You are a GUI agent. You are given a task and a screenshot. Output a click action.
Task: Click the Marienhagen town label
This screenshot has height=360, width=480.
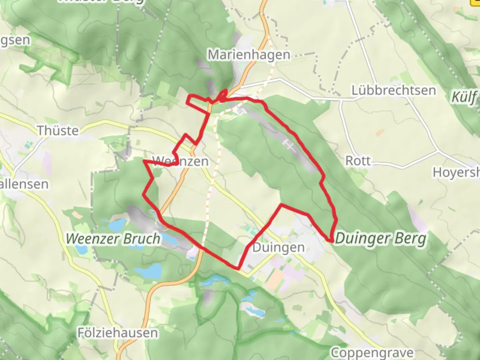pos(249,54)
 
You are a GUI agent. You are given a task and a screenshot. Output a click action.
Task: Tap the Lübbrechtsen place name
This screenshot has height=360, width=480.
pos(394,90)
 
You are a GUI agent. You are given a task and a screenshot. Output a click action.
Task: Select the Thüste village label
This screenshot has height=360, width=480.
pos(58,130)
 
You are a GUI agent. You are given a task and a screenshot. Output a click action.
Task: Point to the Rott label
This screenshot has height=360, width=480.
pos(358,161)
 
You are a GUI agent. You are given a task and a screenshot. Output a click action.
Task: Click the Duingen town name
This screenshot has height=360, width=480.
pos(278,248)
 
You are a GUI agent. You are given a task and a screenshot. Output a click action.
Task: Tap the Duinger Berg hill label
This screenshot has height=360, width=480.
pos(381,238)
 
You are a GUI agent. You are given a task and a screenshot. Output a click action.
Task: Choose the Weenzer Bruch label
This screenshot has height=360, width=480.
pos(113,239)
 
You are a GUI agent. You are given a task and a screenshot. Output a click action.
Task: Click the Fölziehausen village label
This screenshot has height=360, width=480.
pos(118,333)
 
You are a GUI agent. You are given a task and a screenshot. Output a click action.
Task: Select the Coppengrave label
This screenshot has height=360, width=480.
pos(372,352)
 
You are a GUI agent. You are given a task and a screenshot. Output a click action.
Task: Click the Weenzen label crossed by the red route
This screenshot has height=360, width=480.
pos(180,161)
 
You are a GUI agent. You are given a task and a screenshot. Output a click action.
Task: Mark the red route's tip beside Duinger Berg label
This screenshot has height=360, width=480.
pos(331,240)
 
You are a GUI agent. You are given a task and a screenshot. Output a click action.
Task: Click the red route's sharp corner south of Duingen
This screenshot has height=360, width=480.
pos(238,268)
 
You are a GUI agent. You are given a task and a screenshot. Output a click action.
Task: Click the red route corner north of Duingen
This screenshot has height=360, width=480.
pos(282,204)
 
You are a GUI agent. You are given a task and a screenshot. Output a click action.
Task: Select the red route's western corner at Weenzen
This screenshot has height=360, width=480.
pos(144,161)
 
